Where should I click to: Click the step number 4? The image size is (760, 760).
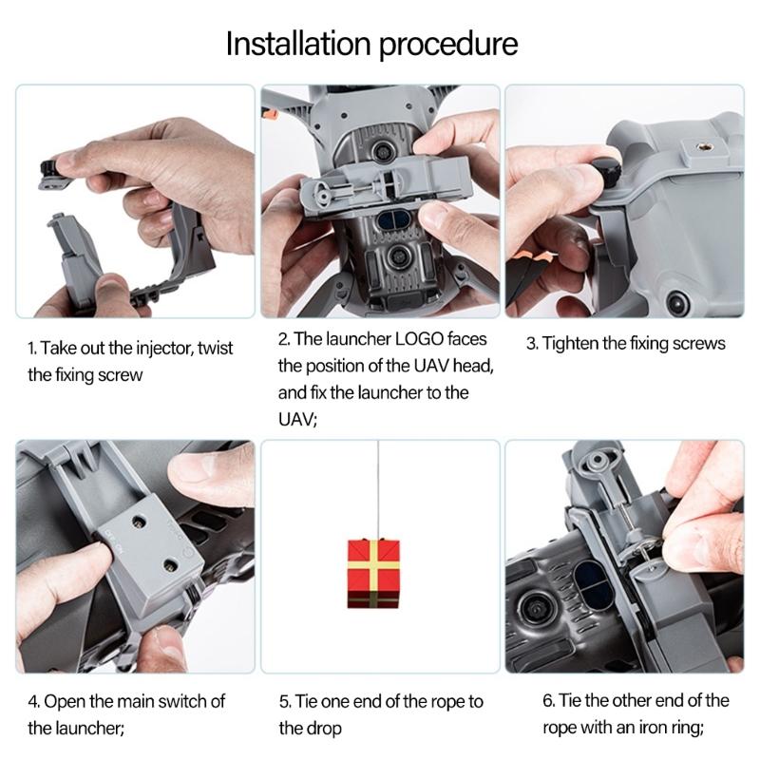point(33,701)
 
